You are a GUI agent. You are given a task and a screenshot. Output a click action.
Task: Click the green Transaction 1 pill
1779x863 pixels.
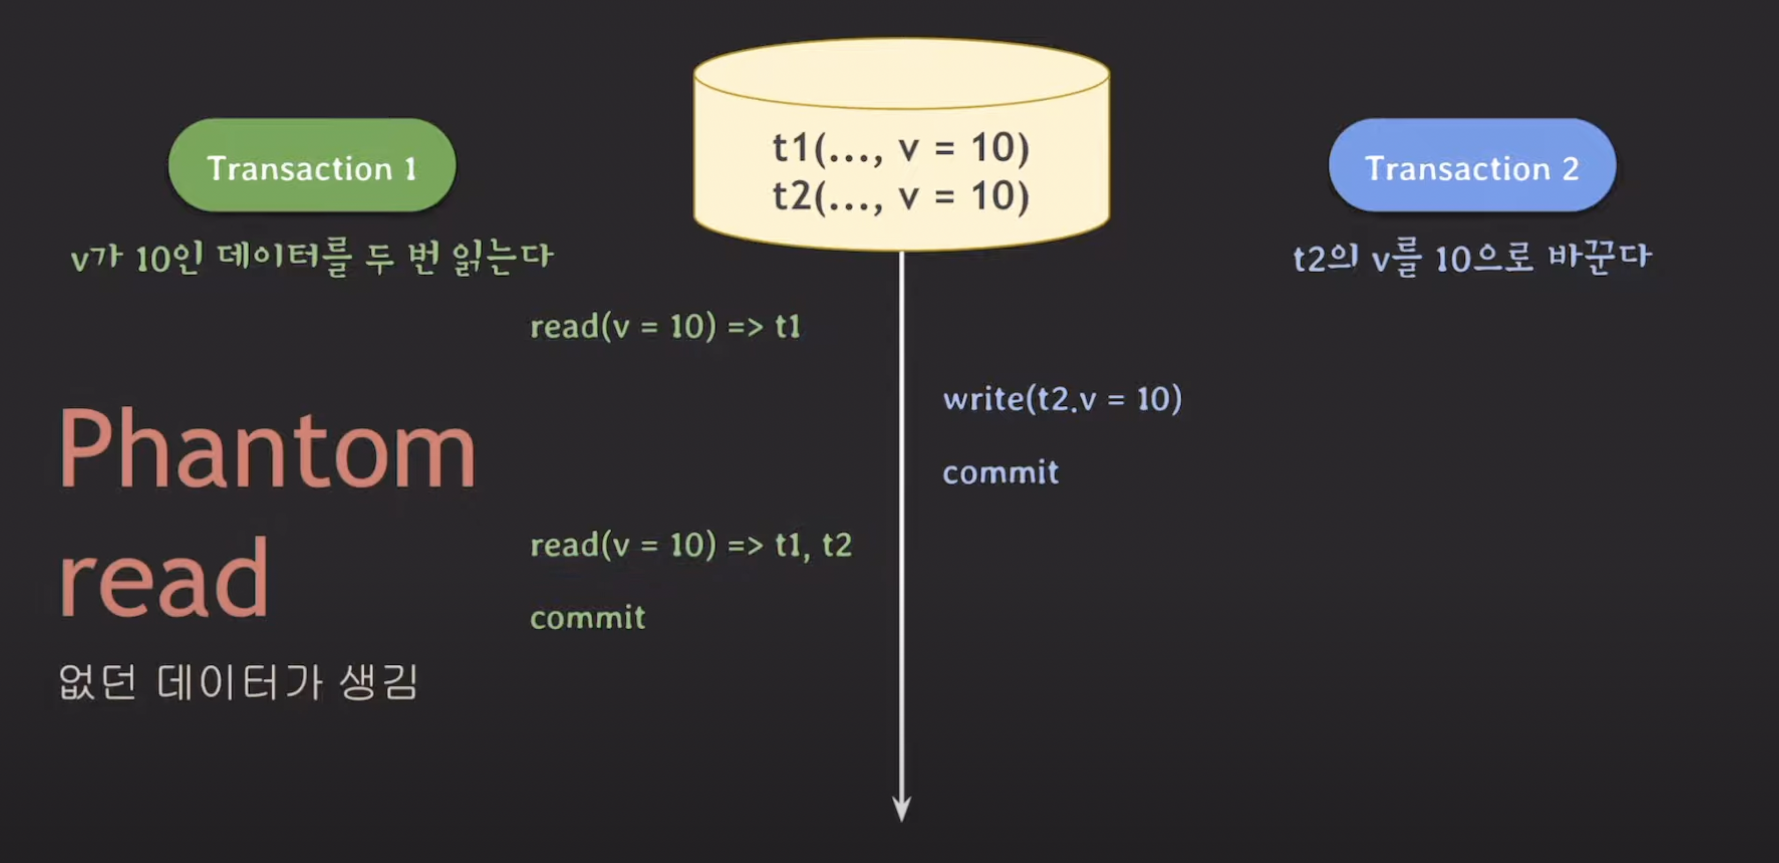[x=311, y=166]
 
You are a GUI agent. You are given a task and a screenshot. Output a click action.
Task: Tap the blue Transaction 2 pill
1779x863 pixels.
[x=1472, y=166]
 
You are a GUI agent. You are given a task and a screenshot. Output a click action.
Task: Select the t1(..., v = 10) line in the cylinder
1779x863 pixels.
[x=901, y=148]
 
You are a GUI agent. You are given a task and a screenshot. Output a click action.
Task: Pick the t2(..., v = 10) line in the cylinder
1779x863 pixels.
[x=901, y=196]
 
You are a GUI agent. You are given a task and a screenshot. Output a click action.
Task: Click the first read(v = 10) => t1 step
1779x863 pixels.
[x=665, y=326]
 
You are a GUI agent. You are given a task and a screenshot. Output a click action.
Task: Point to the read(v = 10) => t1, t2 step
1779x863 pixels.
[x=690, y=545]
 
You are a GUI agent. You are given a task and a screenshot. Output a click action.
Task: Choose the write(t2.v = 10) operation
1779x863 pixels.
[x=1062, y=399]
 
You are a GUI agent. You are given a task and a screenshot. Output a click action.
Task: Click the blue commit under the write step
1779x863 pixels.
[x=1000, y=473]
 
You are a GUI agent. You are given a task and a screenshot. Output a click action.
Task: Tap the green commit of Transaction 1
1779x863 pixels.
[x=588, y=617]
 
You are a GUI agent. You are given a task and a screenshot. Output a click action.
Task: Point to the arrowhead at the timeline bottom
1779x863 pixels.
[x=901, y=808]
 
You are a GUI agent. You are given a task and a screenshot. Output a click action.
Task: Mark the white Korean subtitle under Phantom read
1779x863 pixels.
[x=238, y=683]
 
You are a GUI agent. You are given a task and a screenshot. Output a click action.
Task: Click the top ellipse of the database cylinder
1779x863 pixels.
[x=901, y=73]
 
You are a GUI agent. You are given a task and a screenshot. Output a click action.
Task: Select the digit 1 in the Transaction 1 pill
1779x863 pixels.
[x=410, y=169]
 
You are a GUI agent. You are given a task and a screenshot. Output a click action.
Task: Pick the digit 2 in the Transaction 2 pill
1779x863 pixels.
[x=1571, y=169]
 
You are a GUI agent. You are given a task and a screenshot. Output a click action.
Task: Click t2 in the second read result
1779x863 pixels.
[x=837, y=545]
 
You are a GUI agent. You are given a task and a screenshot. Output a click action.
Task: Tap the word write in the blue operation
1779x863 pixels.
[x=984, y=399]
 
